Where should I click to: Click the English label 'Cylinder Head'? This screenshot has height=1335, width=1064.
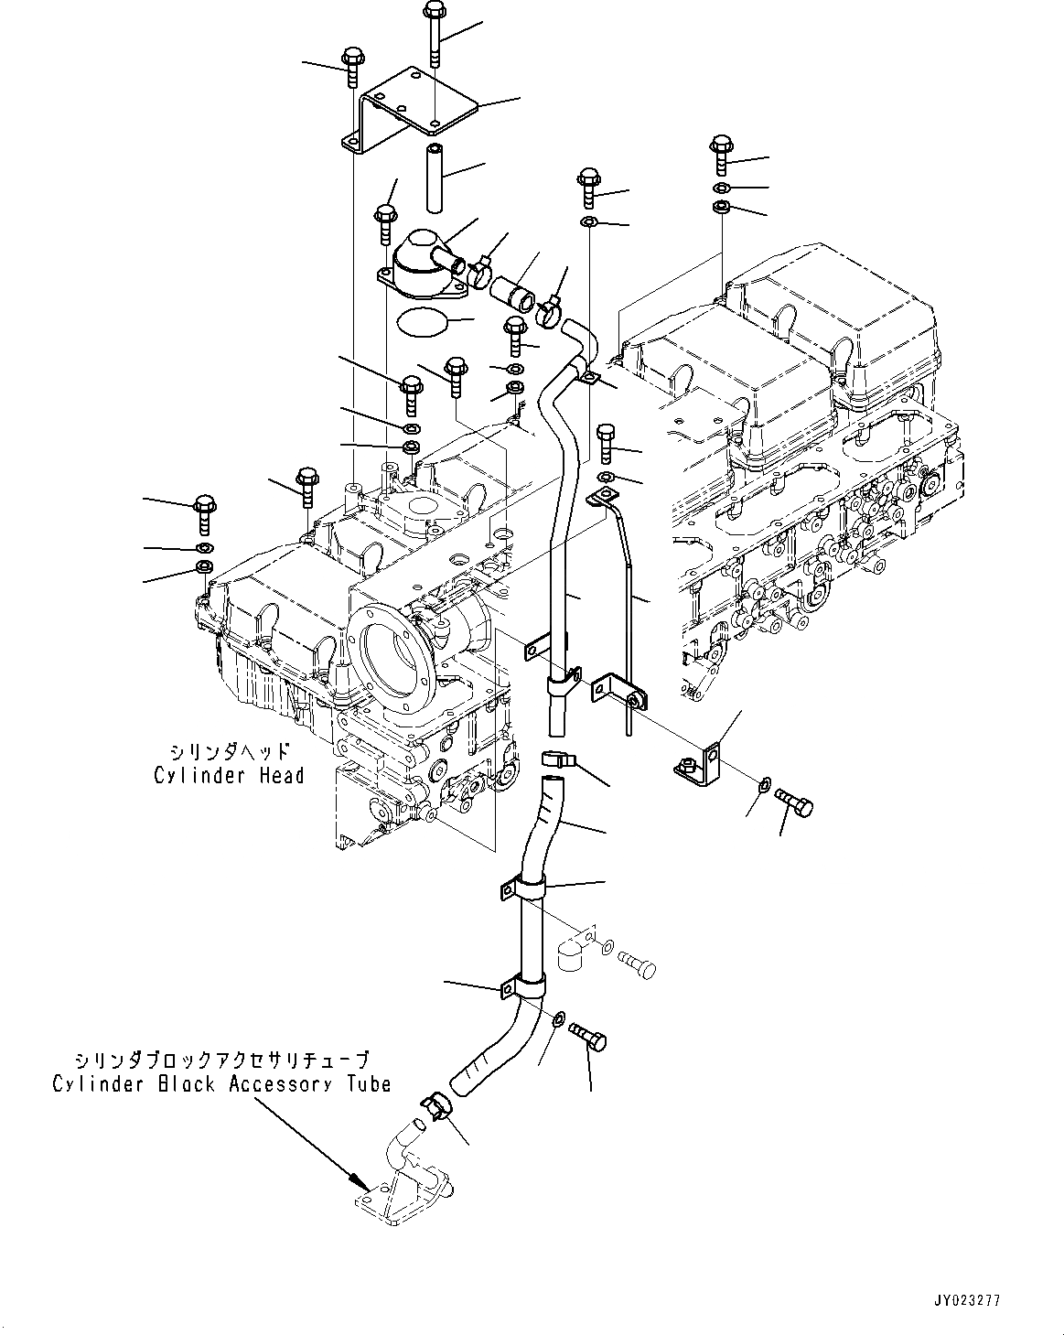(x=229, y=776)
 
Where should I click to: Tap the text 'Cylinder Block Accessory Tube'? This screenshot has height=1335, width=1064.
(x=221, y=1084)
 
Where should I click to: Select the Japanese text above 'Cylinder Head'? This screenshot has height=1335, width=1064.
(x=229, y=752)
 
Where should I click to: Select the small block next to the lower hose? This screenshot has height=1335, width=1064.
(x=568, y=952)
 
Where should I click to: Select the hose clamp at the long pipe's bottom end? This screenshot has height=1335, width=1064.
(x=559, y=759)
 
